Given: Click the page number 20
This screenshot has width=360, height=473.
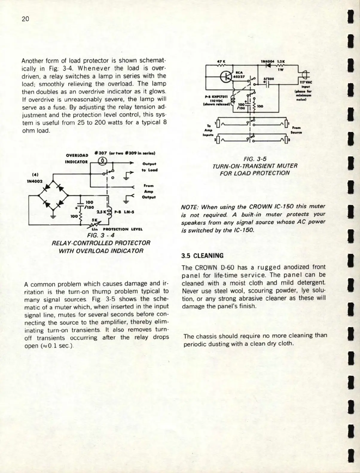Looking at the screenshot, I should coord(25,19).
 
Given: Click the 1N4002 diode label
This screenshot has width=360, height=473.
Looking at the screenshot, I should coord(35,181).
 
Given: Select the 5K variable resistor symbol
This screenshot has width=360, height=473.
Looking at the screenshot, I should coord(96,223).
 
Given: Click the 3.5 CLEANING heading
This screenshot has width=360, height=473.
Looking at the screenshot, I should coord(202,256).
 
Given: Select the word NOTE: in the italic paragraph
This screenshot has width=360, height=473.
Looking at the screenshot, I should coord(190,207).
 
